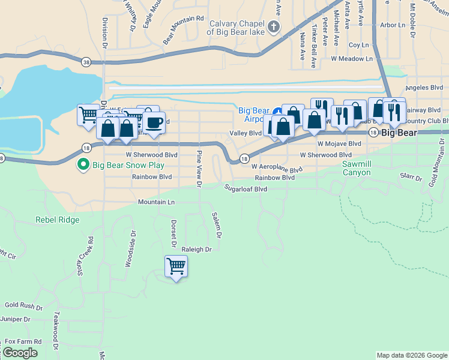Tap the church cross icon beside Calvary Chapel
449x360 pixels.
click(274, 26)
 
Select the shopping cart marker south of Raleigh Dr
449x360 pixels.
click(176, 266)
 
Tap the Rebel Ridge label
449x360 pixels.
click(58, 220)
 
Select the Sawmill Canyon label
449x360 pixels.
click(356, 168)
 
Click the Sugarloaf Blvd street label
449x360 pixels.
click(246, 188)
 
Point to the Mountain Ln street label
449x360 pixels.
click(156, 202)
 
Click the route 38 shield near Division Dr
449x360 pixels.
click(87, 62)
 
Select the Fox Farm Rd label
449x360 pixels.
click(23, 341)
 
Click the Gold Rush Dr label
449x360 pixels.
click(23, 307)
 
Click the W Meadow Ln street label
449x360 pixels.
click(352, 59)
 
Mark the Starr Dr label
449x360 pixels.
click(411, 177)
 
